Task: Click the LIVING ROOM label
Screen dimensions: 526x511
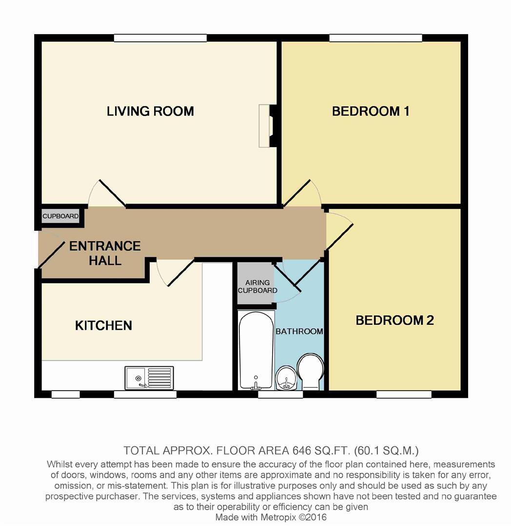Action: tap(150, 111)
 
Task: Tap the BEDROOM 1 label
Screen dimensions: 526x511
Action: tap(371, 111)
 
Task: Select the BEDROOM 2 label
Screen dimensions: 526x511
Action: tap(394, 320)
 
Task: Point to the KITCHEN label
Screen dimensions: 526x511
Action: tap(103, 325)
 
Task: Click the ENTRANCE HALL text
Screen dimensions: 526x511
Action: tap(105, 253)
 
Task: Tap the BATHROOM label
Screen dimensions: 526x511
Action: tap(299, 332)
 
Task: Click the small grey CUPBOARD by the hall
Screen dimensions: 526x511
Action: tap(60, 216)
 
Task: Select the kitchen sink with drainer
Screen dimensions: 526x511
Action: tap(149, 378)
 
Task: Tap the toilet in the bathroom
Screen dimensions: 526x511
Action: tap(310, 372)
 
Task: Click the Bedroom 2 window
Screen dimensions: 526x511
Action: tap(404, 394)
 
